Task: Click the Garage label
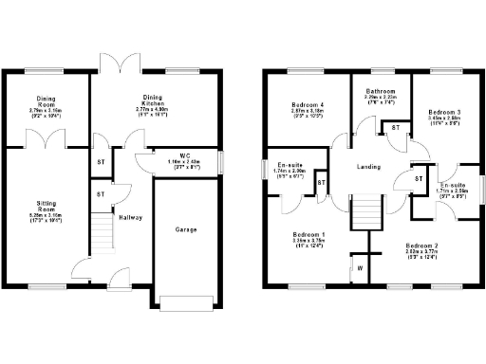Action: pos(185,229)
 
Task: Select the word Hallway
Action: pos(129,217)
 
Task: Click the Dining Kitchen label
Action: pos(153,98)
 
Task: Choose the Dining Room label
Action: pos(46,99)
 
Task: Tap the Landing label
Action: pos(368,168)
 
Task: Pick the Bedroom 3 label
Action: pos(444,112)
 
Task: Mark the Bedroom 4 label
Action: pos(305,104)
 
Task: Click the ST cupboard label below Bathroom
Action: pos(396,126)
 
